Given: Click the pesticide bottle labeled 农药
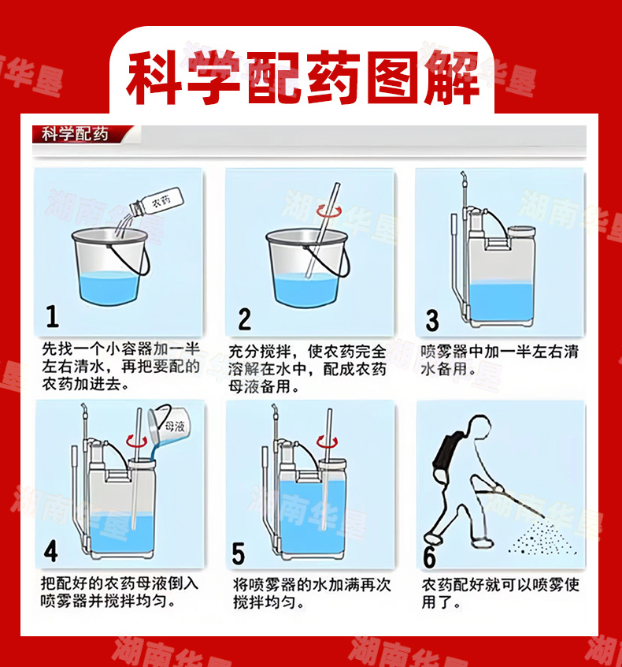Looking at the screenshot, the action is (157, 202).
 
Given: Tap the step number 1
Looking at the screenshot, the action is (52, 316).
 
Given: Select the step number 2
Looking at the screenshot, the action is (244, 319).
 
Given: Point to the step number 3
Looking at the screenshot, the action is (432, 320).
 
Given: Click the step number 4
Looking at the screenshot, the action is (51, 551).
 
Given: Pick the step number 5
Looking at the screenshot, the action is (239, 553).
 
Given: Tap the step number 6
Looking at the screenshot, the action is (430, 556).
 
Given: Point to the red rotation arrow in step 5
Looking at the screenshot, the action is (328, 442).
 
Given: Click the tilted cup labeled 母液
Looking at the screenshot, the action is (170, 423).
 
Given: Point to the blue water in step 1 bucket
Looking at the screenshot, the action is (109, 287).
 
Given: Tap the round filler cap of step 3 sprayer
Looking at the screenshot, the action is (521, 232).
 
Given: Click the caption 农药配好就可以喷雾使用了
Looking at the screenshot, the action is (500, 594).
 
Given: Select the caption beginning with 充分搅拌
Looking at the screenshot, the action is (307, 368).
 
